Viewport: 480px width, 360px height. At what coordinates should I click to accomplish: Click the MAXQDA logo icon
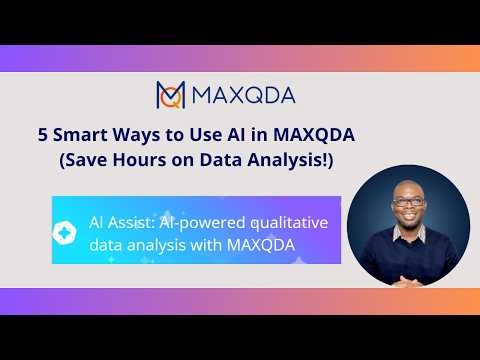171,95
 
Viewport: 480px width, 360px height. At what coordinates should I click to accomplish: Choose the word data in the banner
106,242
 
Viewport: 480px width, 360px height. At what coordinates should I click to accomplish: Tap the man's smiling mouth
409,217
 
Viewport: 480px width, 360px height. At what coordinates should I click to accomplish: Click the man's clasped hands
407,274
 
